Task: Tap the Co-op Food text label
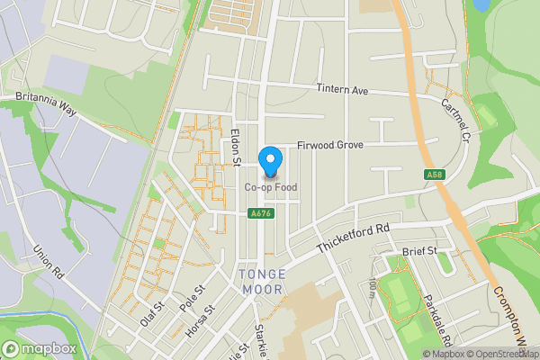coord(270,187)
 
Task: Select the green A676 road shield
coord(261,213)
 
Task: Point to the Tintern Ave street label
coord(343,90)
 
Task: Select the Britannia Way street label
coord(47,101)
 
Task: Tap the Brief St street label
coord(419,251)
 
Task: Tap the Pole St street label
coord(193,298)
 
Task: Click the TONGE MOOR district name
coord(264,281)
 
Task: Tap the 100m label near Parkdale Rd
coord(372,289)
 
